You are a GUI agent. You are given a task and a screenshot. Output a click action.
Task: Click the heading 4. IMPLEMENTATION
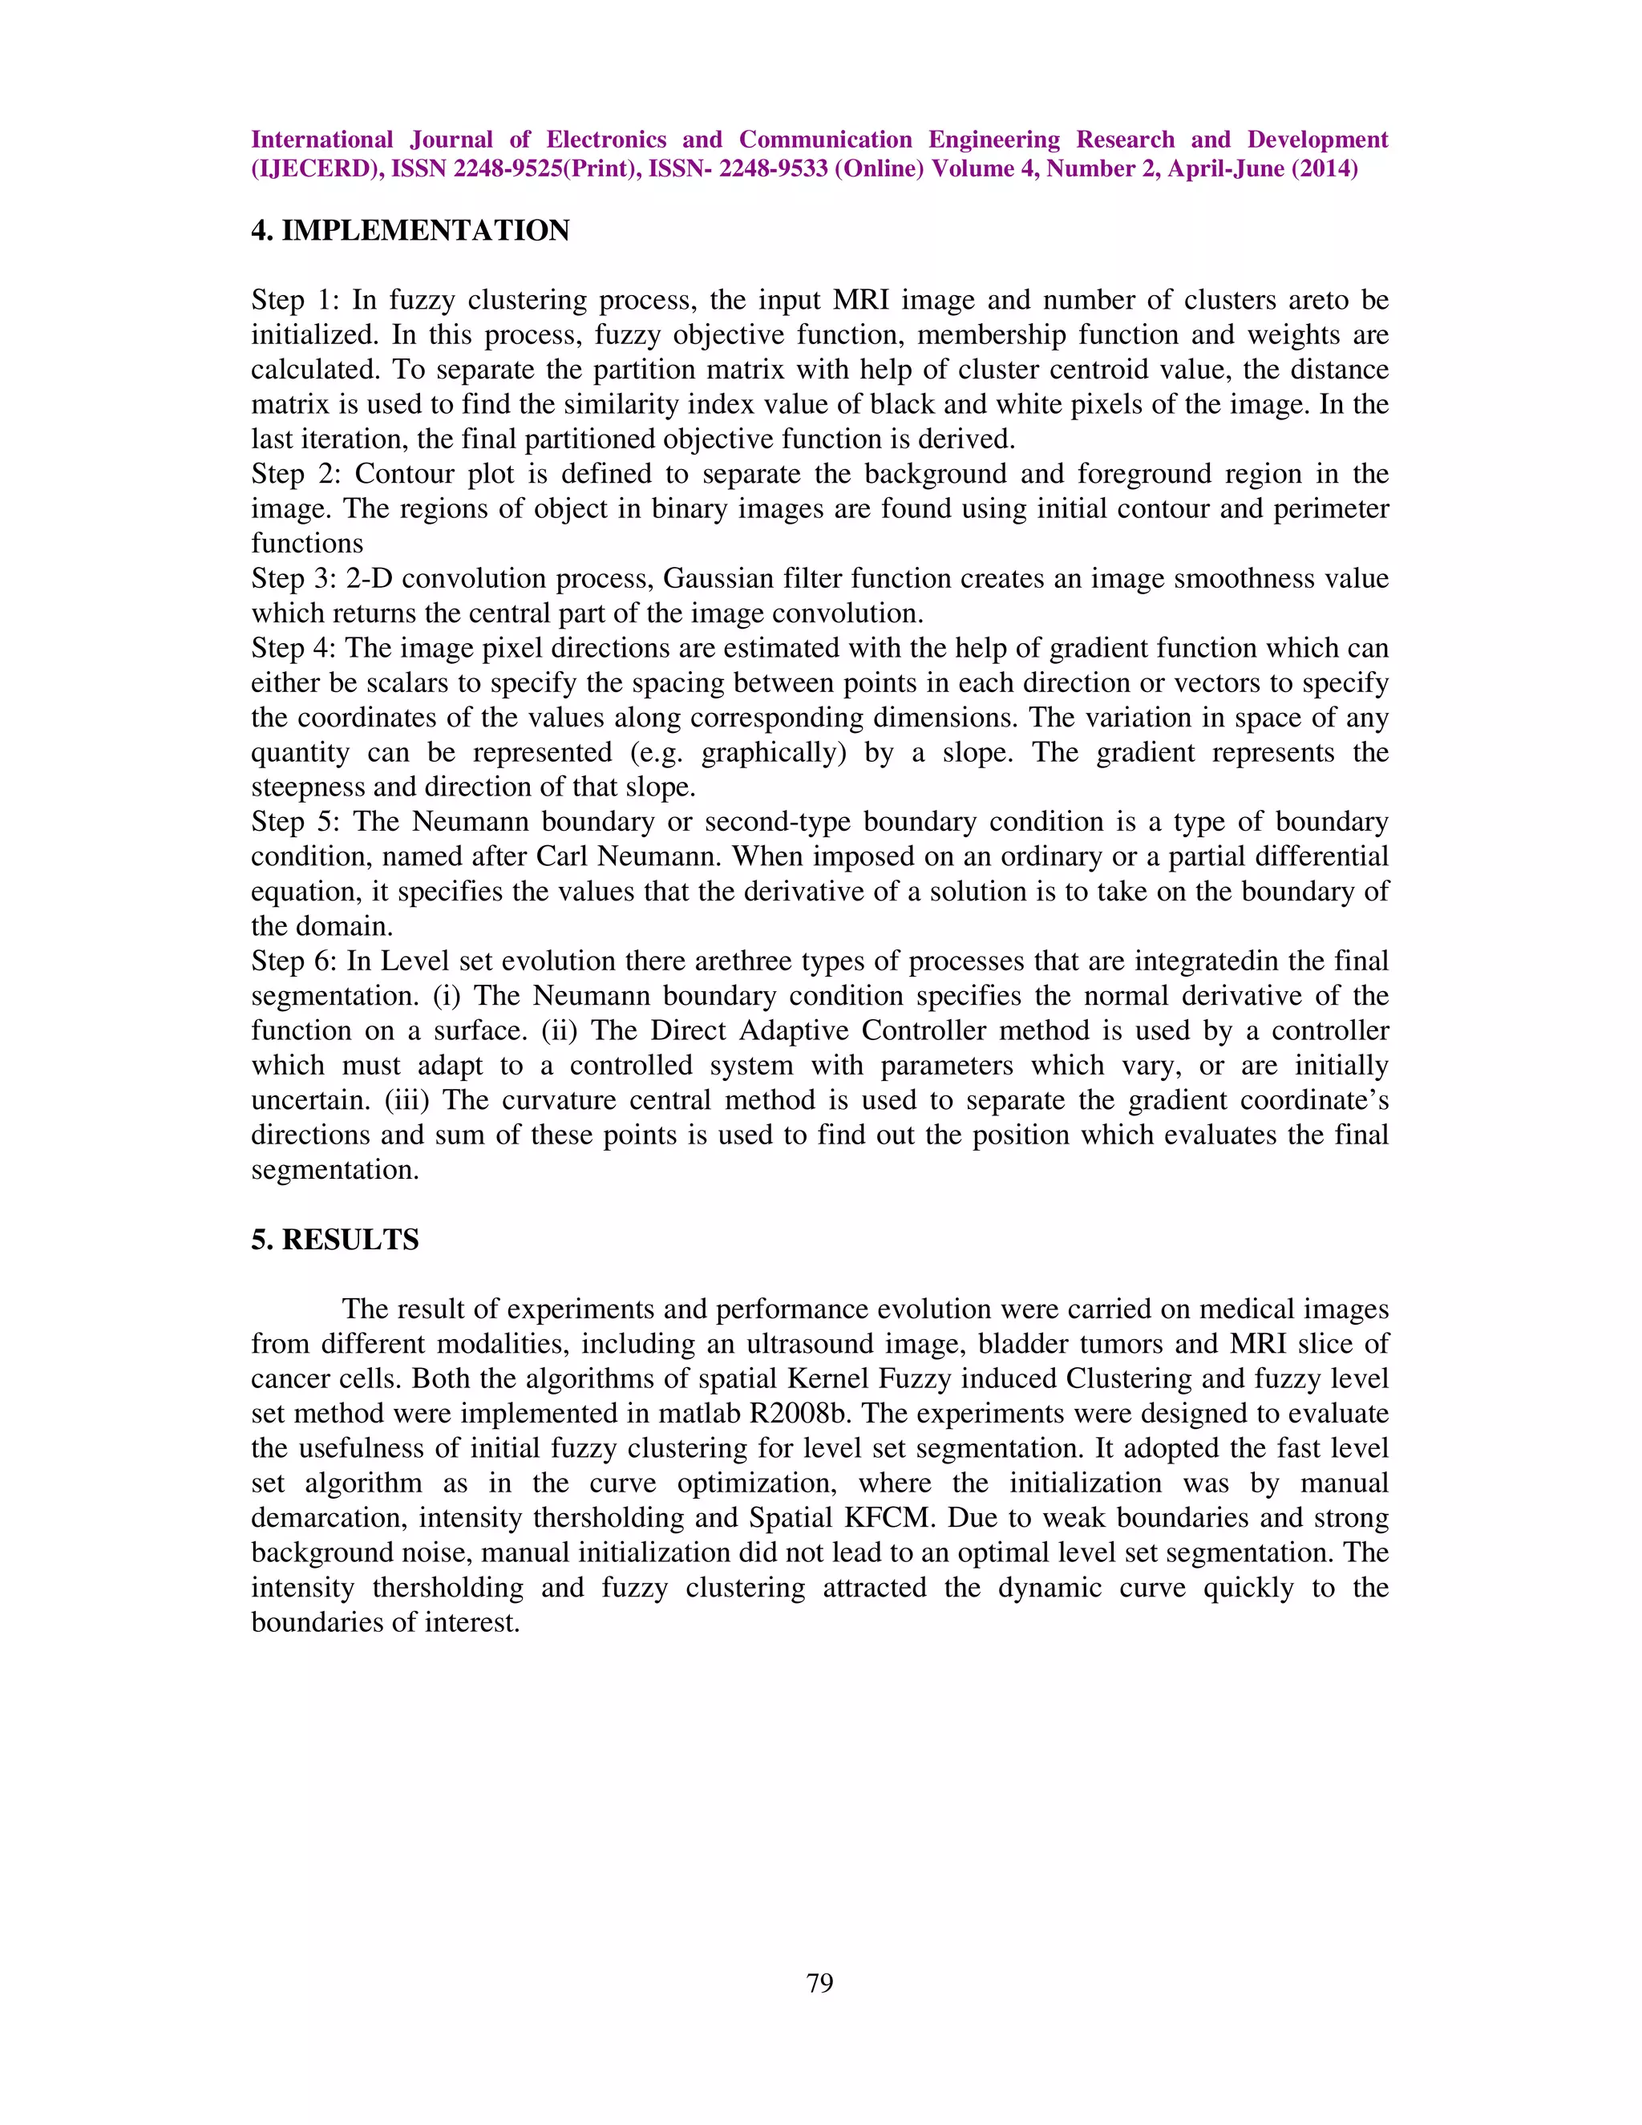coord(410,231)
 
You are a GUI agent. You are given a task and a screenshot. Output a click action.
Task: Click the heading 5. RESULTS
coord(334,1240)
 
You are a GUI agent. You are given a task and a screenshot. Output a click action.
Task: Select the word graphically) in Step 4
coord(774,752)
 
